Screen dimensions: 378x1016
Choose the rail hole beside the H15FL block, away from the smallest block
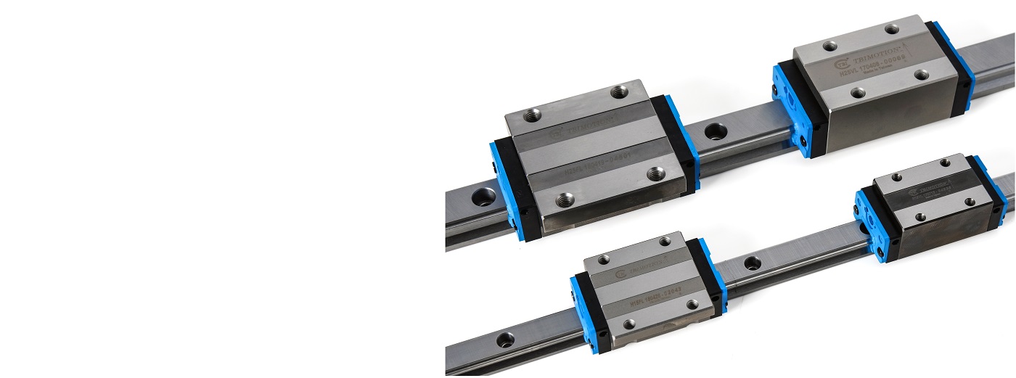505,338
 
